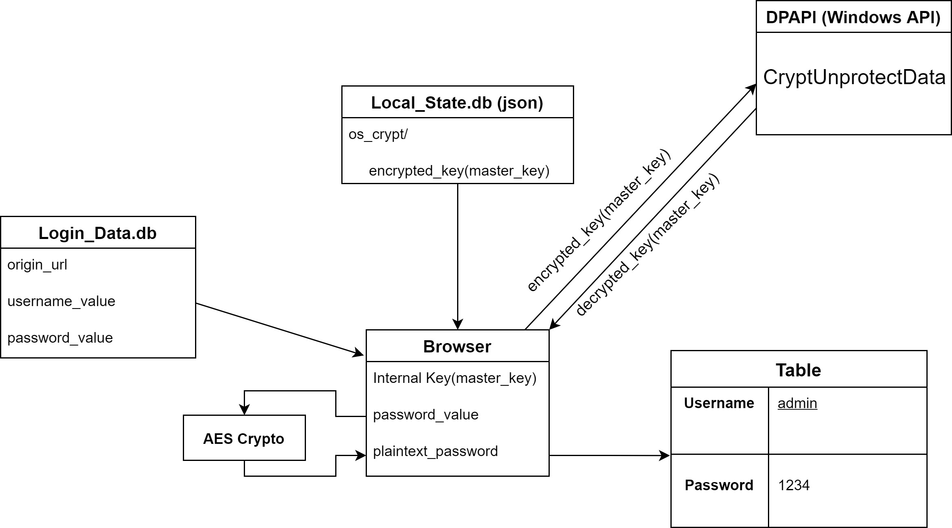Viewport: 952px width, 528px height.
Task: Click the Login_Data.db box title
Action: [98, 233]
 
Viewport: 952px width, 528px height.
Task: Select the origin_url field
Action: [37, 265]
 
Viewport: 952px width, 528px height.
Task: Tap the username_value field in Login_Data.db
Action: [61, 302]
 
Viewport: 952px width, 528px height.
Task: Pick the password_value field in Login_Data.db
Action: [60, 338]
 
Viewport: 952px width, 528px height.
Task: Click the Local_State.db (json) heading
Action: [457, 103]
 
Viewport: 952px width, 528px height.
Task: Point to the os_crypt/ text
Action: [378, 135]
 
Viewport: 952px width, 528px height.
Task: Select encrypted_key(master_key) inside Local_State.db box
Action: [459, 171]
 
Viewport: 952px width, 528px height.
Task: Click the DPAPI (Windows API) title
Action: [853, 17]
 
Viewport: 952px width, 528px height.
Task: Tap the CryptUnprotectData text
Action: [854, 77]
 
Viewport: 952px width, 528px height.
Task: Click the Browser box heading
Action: [457, 347]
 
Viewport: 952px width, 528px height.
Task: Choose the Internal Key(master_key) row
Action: [455, 378]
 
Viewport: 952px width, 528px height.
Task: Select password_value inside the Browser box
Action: [426, 415]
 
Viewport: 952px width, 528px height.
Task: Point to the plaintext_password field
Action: [435, 452]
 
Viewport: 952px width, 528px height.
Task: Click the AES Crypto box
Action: [244, 438]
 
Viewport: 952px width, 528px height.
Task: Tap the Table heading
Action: [798, 370]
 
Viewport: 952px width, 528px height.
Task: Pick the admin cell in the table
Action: [797, 403]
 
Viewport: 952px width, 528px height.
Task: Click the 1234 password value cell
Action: [794, 485]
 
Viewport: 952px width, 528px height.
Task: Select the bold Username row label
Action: [719, 403]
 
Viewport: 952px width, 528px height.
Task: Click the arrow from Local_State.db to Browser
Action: [458, 256]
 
